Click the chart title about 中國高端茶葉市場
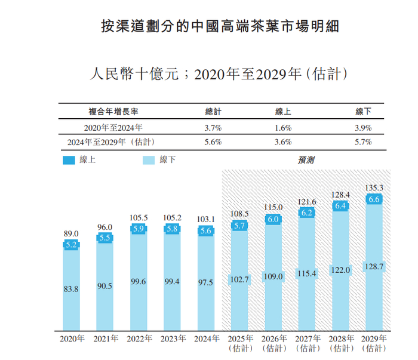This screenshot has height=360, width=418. tap(222, 27)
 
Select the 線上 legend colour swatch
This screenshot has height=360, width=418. tap(69, 160)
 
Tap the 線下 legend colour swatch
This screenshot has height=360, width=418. tap(149, 160)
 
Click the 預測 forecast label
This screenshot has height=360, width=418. tap(306, 160)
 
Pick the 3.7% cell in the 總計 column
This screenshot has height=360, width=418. tap(213, 128)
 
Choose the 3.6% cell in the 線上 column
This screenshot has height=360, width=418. tap(283, 142)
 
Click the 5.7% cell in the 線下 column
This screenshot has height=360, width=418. tap(363, 142)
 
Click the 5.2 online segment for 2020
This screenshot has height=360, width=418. tap(71, 245)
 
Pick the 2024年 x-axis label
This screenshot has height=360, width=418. tap(205, 339)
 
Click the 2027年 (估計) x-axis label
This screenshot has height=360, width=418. tap(305, 343)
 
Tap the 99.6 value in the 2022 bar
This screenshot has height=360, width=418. tap(138, 282)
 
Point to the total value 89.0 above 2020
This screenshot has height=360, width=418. tap(71, 234)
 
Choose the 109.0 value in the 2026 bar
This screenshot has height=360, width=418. tap(272, 277)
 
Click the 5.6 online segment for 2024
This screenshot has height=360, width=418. tap(205, 231)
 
